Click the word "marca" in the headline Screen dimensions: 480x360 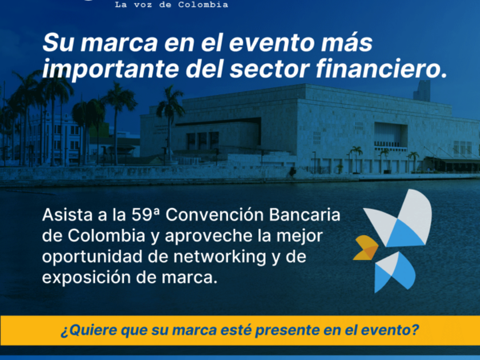point(118,43)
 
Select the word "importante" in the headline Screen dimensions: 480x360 point(110,70)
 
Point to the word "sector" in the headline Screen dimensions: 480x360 point(270,70)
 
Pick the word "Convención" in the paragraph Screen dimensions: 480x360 point(214,214)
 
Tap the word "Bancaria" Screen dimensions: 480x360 point(305,214)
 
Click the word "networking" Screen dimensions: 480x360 point(220,257)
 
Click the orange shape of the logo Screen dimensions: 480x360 point(366,248)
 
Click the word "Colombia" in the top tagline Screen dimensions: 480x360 point(203,5)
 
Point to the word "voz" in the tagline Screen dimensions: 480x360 point(142,6)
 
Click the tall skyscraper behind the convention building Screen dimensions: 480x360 point(422,90)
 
